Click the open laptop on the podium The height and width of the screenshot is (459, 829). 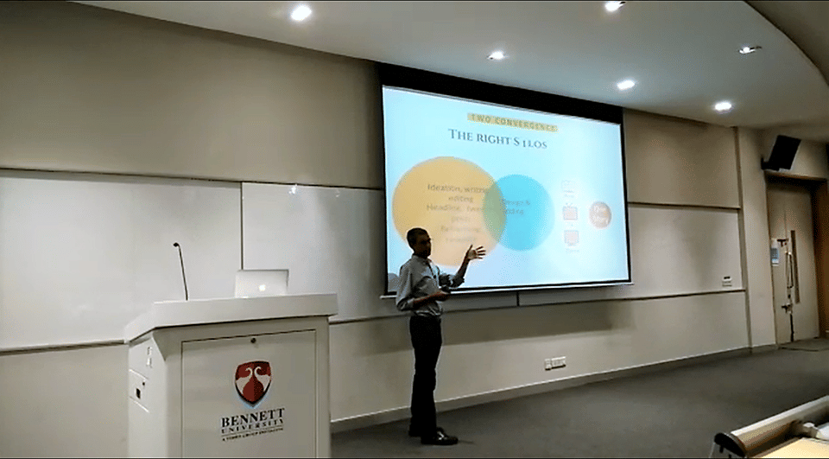click(x=261, y=283)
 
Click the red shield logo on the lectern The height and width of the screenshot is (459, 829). click(x=253, y=381)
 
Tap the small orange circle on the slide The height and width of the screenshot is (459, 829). click(x=599, y=214)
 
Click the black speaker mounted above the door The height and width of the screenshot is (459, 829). click(x=781, y=153)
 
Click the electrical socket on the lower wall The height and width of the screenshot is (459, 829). click(x=555, y=362)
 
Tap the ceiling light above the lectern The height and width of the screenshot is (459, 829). click(x=301, y=12)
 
